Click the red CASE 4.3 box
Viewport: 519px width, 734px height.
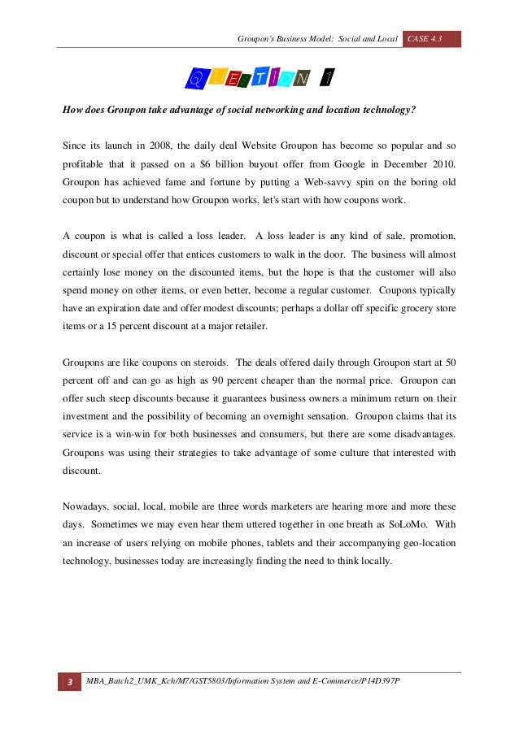(x=431, y=39)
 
